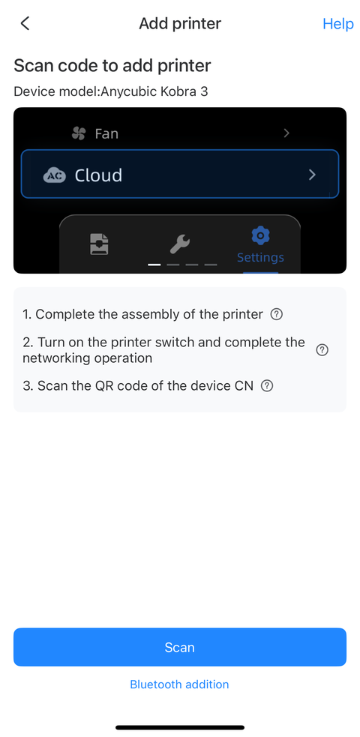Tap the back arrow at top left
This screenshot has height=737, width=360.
coord(25,23)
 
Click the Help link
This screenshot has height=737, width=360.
coord(338,23)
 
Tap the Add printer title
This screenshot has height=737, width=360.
coord(180,23)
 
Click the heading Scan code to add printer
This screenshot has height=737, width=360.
coord(112,66)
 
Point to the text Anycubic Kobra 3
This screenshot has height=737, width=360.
coord(154,91)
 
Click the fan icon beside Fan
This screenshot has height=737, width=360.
coord(79,133)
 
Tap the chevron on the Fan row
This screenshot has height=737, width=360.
coord(286,133)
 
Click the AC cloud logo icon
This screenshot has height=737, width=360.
coord(55,175)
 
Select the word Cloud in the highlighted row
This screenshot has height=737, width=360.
coord(98,175)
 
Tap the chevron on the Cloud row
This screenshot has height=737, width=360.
coord(312,175)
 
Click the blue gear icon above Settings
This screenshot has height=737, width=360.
coord(260,235)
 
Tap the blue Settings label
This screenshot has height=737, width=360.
coord(260,257)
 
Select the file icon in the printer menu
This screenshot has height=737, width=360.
coord(99,244)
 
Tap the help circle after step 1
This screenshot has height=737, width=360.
coord(277,314)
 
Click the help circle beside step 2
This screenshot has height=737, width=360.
coord(322,350)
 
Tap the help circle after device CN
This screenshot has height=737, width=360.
coord(267,386)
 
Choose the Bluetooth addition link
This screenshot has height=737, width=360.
coord(179,685)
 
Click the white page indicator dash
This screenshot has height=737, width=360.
coord(154,265)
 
